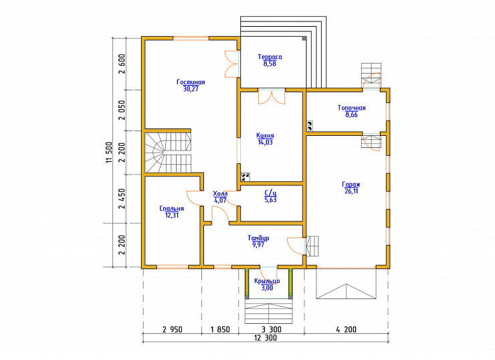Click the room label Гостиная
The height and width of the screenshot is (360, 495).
pos(191,82)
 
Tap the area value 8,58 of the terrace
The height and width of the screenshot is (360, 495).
pos(270,64)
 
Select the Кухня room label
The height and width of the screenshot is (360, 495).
pos(265,135)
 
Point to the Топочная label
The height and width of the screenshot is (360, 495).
pos(352,108)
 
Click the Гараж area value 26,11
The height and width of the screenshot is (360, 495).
pos(351,191)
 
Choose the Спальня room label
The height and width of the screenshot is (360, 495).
pos(172,208)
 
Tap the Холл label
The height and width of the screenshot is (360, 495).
pos(220,193)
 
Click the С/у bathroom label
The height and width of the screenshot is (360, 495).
pos(270,193)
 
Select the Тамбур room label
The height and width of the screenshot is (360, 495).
pos(258,238)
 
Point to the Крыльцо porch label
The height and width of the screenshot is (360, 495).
pos(267,281)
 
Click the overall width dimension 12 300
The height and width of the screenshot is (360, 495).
pos(266,338)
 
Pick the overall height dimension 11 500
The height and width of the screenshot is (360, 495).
pos(109,152)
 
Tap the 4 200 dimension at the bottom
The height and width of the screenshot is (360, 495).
pos(346,330)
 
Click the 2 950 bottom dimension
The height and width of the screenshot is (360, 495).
pos(173,330)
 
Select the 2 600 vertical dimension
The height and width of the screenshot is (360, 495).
pos(122,64)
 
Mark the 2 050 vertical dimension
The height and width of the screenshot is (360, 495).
pos(122,110)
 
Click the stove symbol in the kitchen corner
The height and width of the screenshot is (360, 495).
pos(245,177)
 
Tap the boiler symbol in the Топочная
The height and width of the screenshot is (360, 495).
pos(310,126)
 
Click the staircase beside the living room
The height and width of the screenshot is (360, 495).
pos(168,152)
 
